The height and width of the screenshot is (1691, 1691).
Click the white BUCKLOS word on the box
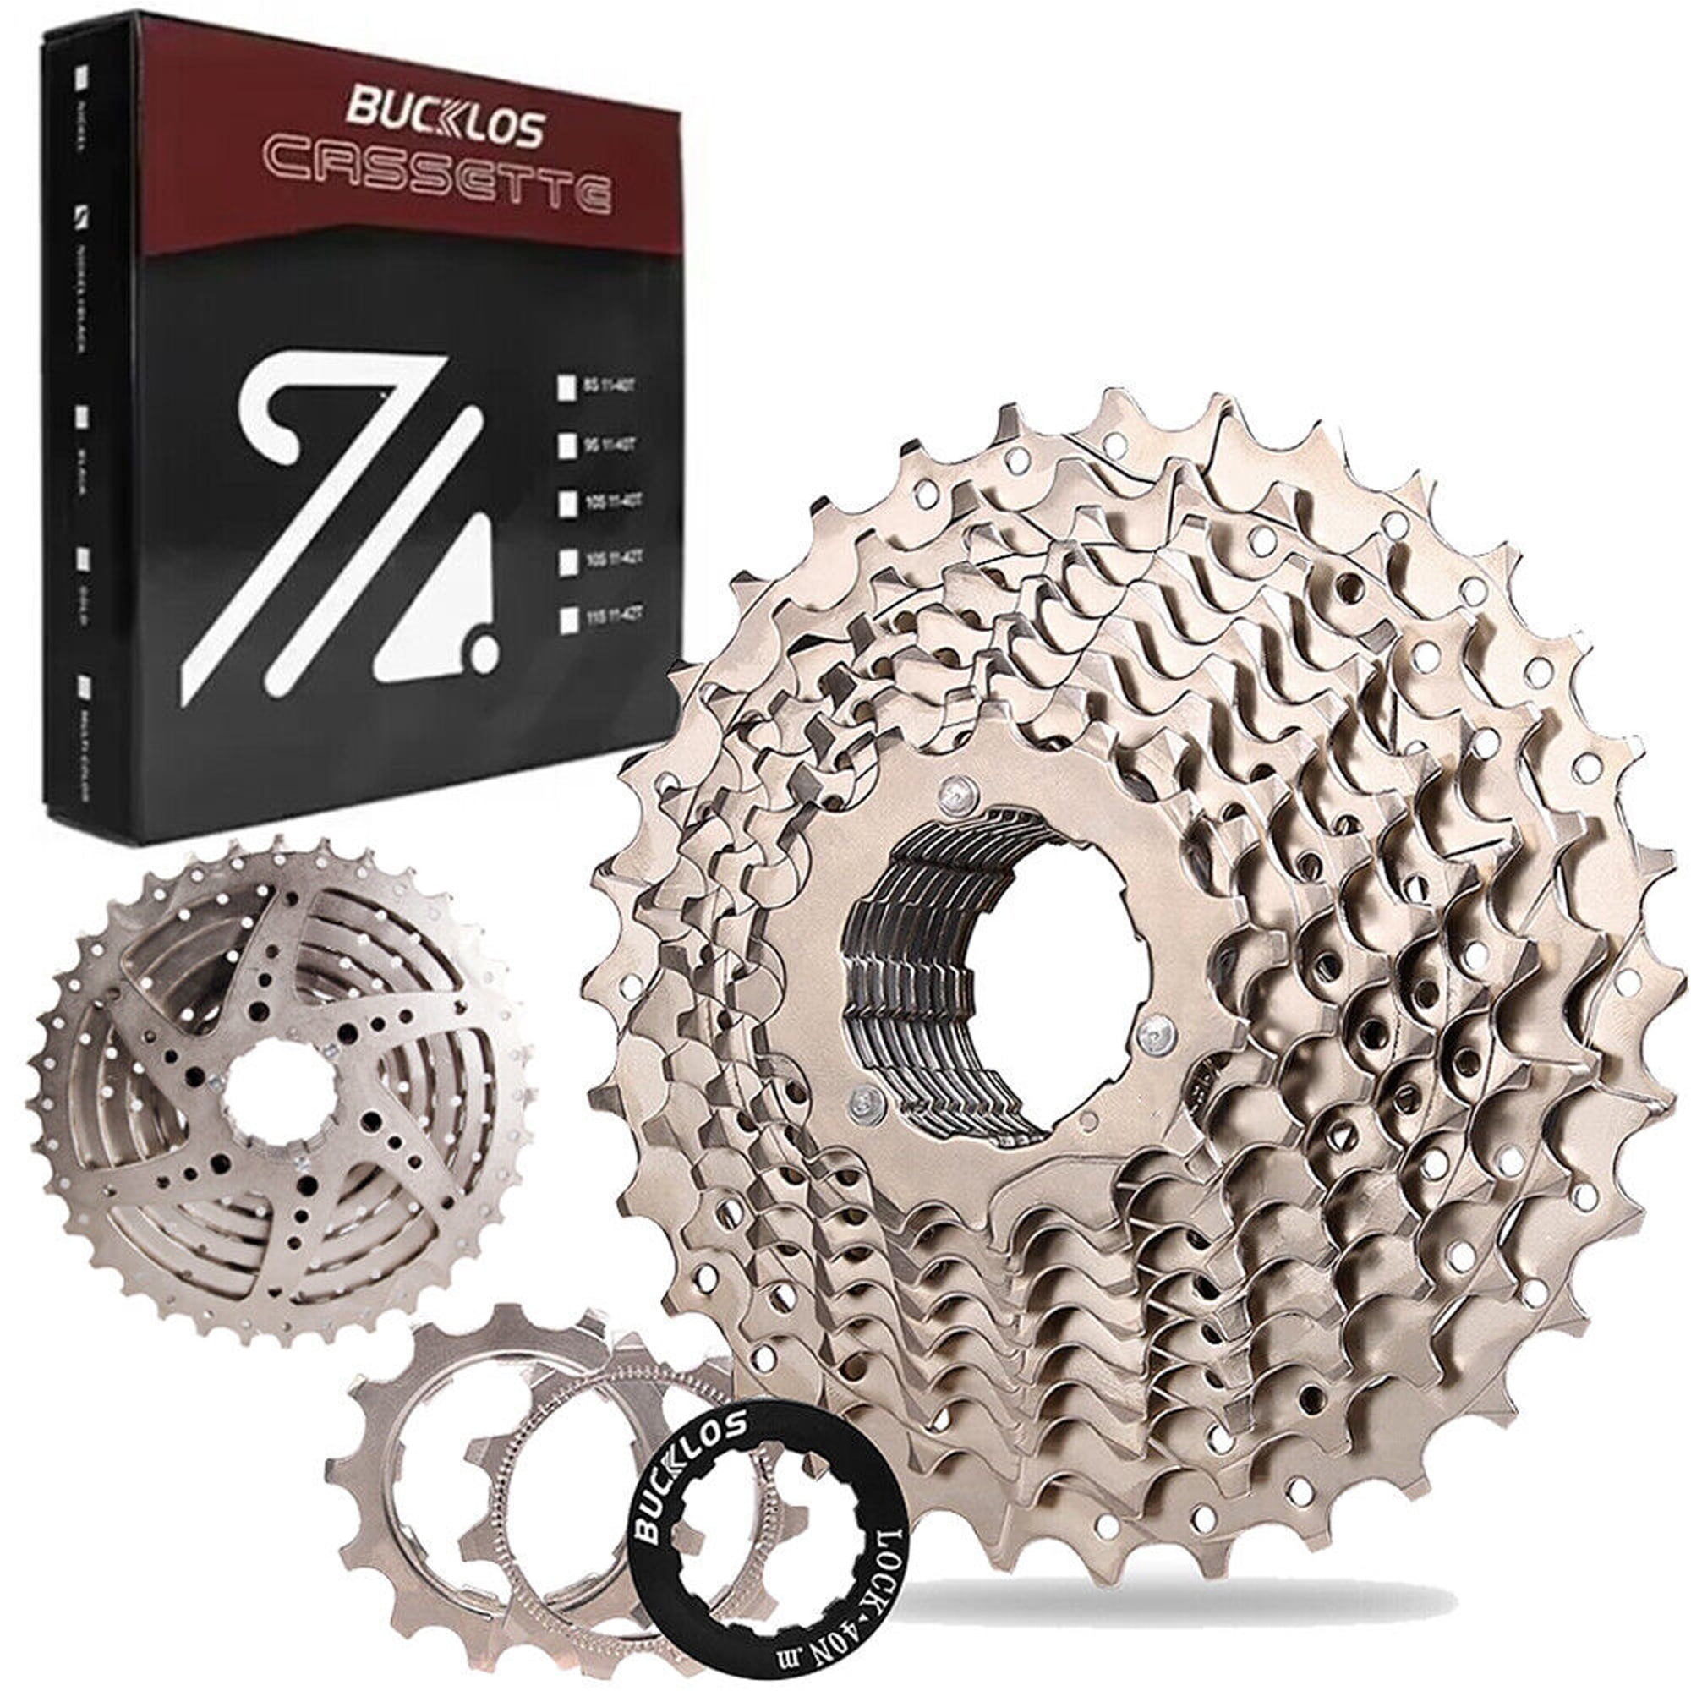tap(445, 129)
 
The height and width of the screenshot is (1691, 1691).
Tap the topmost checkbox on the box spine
tap(83, 76)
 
